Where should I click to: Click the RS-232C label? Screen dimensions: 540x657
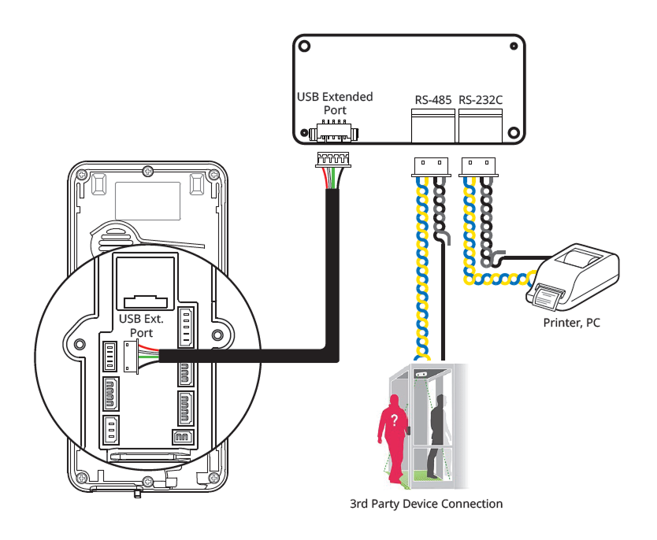pos(481,100)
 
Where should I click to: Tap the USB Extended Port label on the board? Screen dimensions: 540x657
pos(334,103)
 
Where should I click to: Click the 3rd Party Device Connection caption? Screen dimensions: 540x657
pos(426,504)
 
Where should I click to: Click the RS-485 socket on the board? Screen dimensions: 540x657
pos(433,124)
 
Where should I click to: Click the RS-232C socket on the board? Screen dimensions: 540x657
pos(481,124)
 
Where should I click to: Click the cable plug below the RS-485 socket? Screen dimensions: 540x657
pos(430,165)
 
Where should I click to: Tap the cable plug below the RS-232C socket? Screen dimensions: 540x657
pos(478,165)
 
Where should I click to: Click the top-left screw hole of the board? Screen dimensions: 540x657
pos(304,46)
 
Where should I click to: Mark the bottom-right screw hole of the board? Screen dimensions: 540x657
pos(514,132)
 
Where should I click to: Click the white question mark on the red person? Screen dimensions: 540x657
pos(394,419)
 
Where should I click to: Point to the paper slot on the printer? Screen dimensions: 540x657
pos(548,295)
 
